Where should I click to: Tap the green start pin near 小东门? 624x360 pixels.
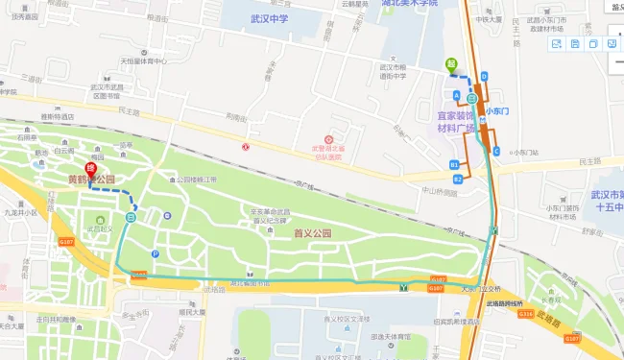click(x=450, y=65)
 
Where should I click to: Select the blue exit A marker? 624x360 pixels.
click(x=457, y=95)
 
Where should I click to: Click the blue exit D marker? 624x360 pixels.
click(x=485, y=76)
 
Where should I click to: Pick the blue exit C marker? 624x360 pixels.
click(x=495, y=150)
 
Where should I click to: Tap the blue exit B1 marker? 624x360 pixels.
click(x=454, y=165)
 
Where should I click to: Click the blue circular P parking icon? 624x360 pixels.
click(x=156, y=254)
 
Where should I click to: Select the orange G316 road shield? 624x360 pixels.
click(x=526, y=313)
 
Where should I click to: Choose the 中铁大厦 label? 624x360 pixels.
click(x=489, y=19)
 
